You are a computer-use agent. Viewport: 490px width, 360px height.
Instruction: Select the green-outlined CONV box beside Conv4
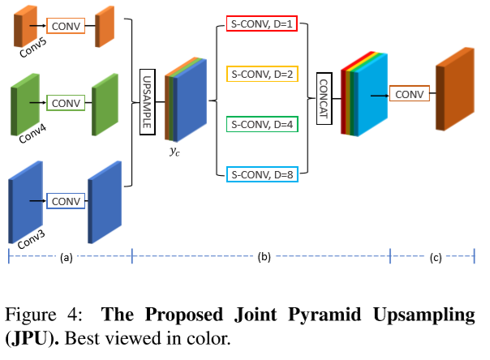[x=66, y=103]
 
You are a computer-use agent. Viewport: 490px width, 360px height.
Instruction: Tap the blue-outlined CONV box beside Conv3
[x=65, y=199]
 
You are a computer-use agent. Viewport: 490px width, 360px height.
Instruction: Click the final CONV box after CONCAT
[x=409, y=95]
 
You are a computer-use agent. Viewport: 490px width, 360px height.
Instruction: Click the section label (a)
[x=67, y=258]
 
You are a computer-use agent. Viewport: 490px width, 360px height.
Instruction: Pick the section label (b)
[x=262, y=258]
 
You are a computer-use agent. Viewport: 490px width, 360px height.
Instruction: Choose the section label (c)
[x=436, y=258]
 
